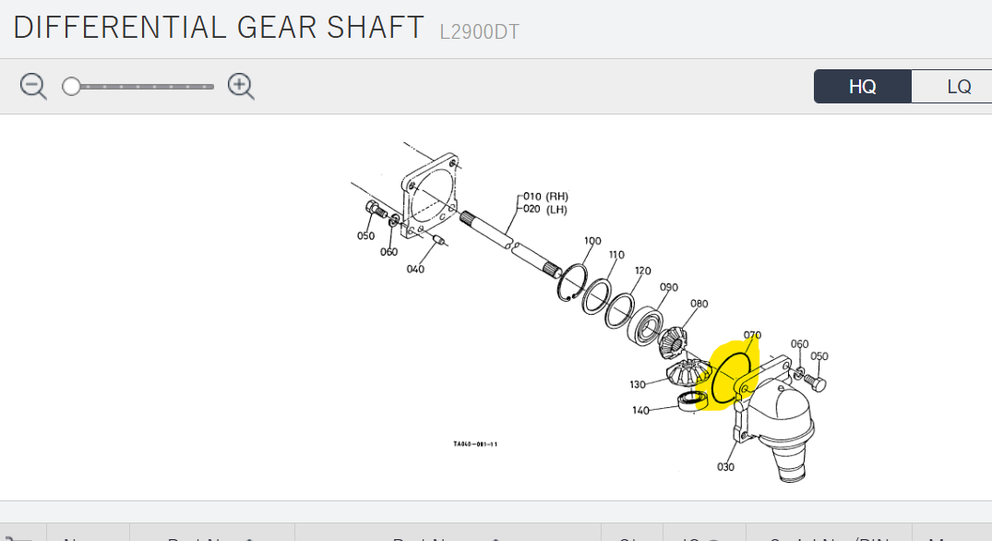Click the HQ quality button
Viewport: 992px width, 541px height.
click(862, 87)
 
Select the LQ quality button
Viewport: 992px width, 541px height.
click(958, 87)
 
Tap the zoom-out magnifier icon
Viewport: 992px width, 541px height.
click(33, 87)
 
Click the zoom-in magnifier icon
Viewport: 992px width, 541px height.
click(241, 87)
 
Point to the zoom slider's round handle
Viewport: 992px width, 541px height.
click(71, 87)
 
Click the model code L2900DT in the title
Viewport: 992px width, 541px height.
click(479, 31)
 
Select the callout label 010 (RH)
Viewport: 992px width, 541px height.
click(545, 197)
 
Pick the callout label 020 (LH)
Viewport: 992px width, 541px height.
click(544, 210)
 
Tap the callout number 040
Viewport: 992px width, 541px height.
click(415, 269)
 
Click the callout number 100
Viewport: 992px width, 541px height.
click(592, 241)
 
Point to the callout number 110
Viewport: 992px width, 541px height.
click(616, 255)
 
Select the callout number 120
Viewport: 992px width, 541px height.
click(642, 270)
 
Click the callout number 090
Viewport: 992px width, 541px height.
click(669, 287)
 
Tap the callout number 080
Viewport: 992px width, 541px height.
click(699, 303)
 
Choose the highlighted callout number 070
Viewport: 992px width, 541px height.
click(752, 335)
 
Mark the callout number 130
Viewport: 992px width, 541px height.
click(638, 384)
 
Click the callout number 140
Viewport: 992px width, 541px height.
click(640, 410)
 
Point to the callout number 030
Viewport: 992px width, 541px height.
click(725, 466)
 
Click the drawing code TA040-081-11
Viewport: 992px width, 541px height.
click(475, 444)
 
